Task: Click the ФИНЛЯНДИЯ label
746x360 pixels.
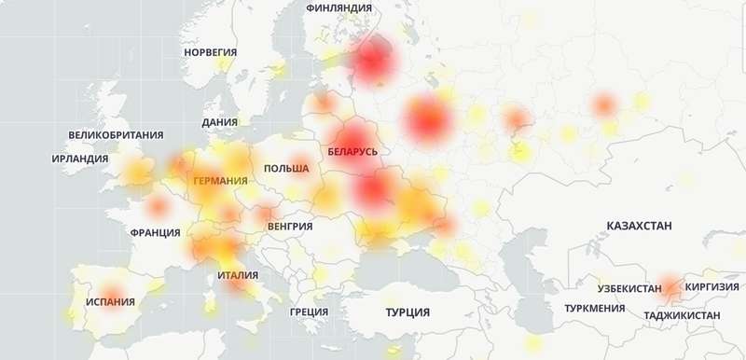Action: [338, 7]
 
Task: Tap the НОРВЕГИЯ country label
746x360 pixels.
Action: [210, 53]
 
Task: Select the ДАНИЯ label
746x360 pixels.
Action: [219, 122]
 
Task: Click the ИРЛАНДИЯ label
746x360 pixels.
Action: [80, 159]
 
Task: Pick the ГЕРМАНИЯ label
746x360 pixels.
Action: [221, 180]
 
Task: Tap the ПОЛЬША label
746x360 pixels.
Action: [286, 168]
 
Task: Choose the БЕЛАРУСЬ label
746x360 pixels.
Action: [353, 150]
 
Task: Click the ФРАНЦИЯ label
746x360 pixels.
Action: [156, 232]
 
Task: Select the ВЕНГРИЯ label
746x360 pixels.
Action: [289, 226]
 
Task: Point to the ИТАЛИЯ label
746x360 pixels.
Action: [238, 275]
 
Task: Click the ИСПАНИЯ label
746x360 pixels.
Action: [110, 302]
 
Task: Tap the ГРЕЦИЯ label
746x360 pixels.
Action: [309, 312]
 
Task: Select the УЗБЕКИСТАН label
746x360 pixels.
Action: [630, 288]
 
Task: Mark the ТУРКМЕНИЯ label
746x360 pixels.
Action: [595, 308]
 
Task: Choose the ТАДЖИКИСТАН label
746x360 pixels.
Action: [682, 316]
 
